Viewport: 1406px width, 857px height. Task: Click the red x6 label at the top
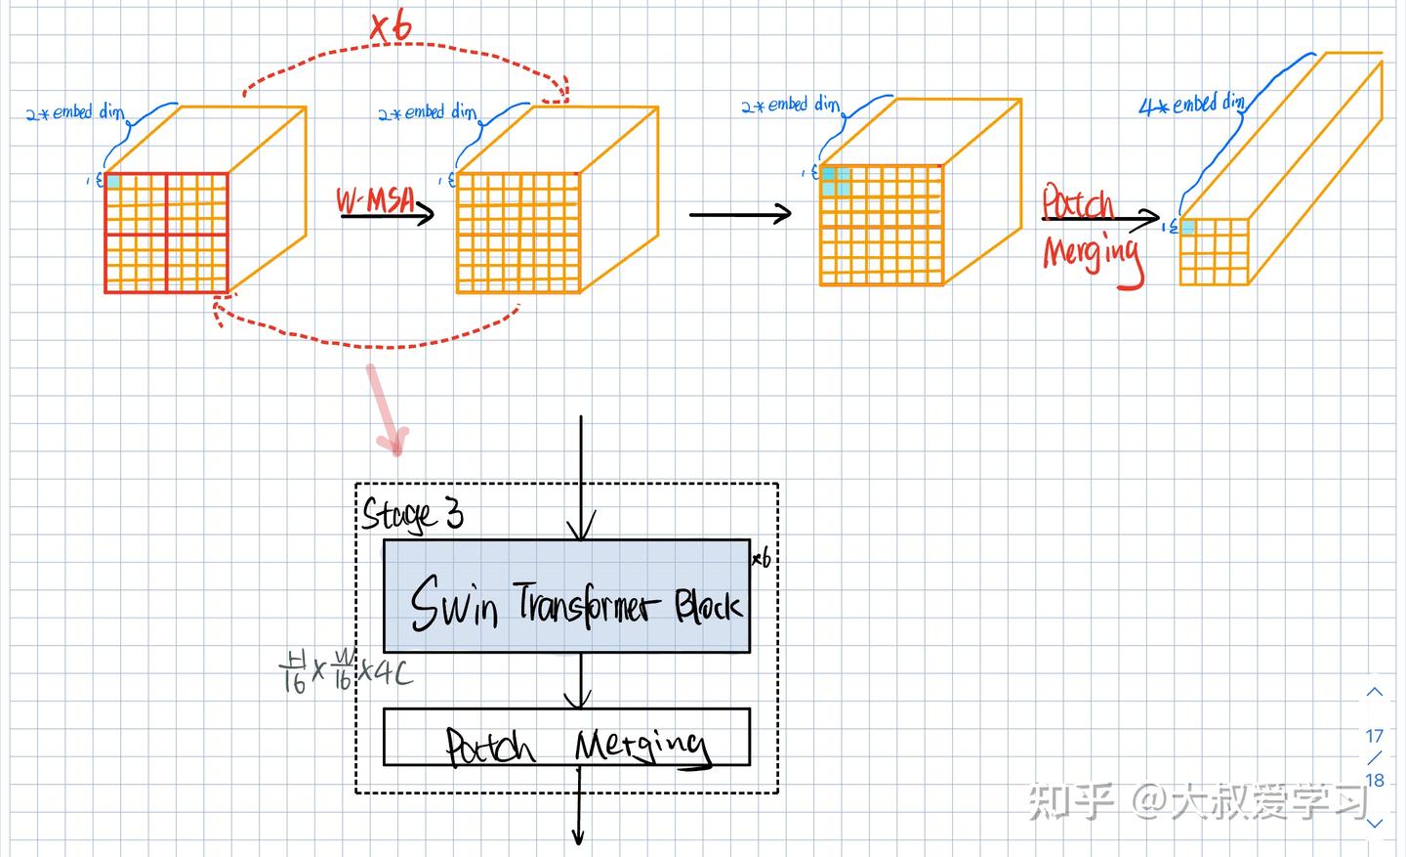pos(391,26)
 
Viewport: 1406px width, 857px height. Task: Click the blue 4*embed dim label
pos(1191,105)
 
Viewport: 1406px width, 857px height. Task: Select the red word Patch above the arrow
pos(1077,203)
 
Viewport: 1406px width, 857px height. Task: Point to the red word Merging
pos(1092,254)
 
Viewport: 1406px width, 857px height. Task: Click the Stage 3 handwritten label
pos(412,514)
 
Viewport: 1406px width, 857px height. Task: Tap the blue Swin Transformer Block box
pos(566,596)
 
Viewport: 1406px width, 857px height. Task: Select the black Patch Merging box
pos(566,737)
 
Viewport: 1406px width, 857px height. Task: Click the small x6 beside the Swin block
pos(762,559)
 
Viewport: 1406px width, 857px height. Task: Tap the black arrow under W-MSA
pos(389,214)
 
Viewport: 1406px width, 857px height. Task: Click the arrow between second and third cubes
pos(740,213)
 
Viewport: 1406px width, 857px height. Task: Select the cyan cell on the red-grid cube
pos(113,182)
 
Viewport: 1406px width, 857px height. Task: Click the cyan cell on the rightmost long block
pos(1188,228)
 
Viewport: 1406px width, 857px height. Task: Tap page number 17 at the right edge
pos(1375,736)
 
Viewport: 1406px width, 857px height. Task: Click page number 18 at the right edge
pos(1375,780)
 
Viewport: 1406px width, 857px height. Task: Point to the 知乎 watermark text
pos(1073,800)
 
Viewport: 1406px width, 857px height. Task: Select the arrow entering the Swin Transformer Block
pos(581,479)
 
